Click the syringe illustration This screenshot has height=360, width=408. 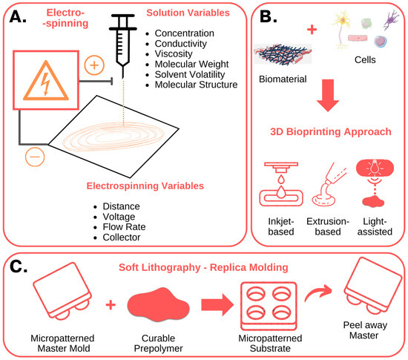click(x=122, y=42)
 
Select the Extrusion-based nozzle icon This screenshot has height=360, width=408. click(x=327, y=185)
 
